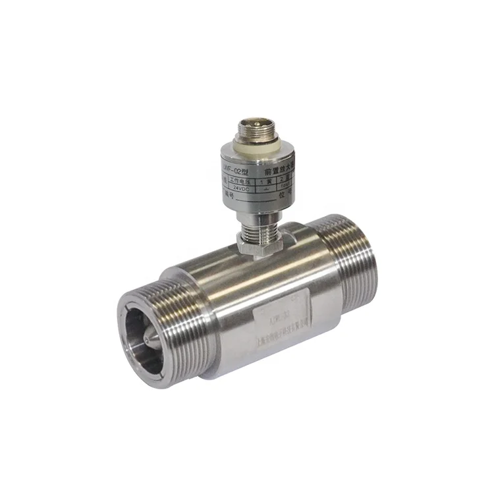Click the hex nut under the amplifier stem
point(258,245)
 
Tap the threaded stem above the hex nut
point(258,231)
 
